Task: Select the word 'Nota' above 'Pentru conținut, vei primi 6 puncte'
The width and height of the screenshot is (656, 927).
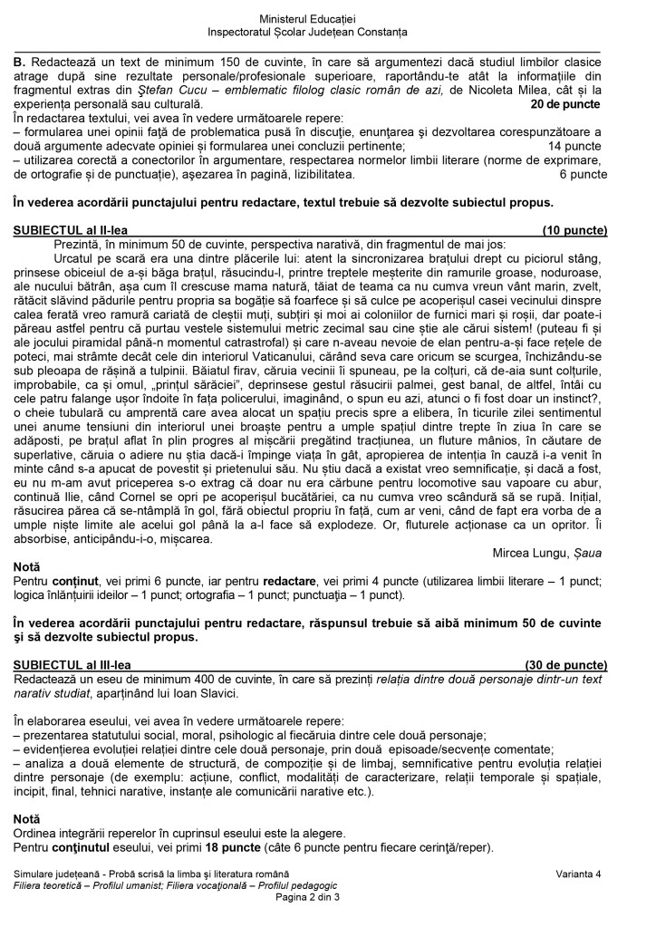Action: coord(27,565)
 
